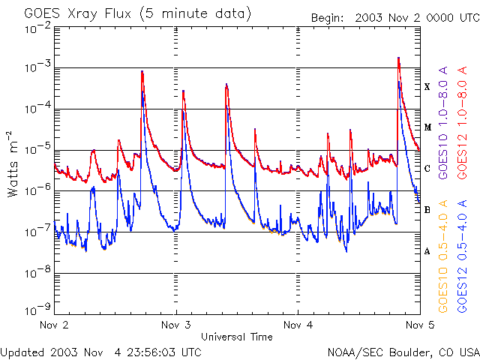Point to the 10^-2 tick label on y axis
coord(37,28)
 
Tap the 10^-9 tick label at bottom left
coord(37,308)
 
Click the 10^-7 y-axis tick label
coord(37,230)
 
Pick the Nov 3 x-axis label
coord(176,325)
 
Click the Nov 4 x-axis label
coord(298,325)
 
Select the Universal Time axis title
coord(236,337)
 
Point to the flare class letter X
coord(427,87)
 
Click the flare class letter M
coord(427,127)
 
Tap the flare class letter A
coord(427,251)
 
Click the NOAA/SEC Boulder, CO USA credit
coord(403,351)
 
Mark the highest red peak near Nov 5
coord(398,58)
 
